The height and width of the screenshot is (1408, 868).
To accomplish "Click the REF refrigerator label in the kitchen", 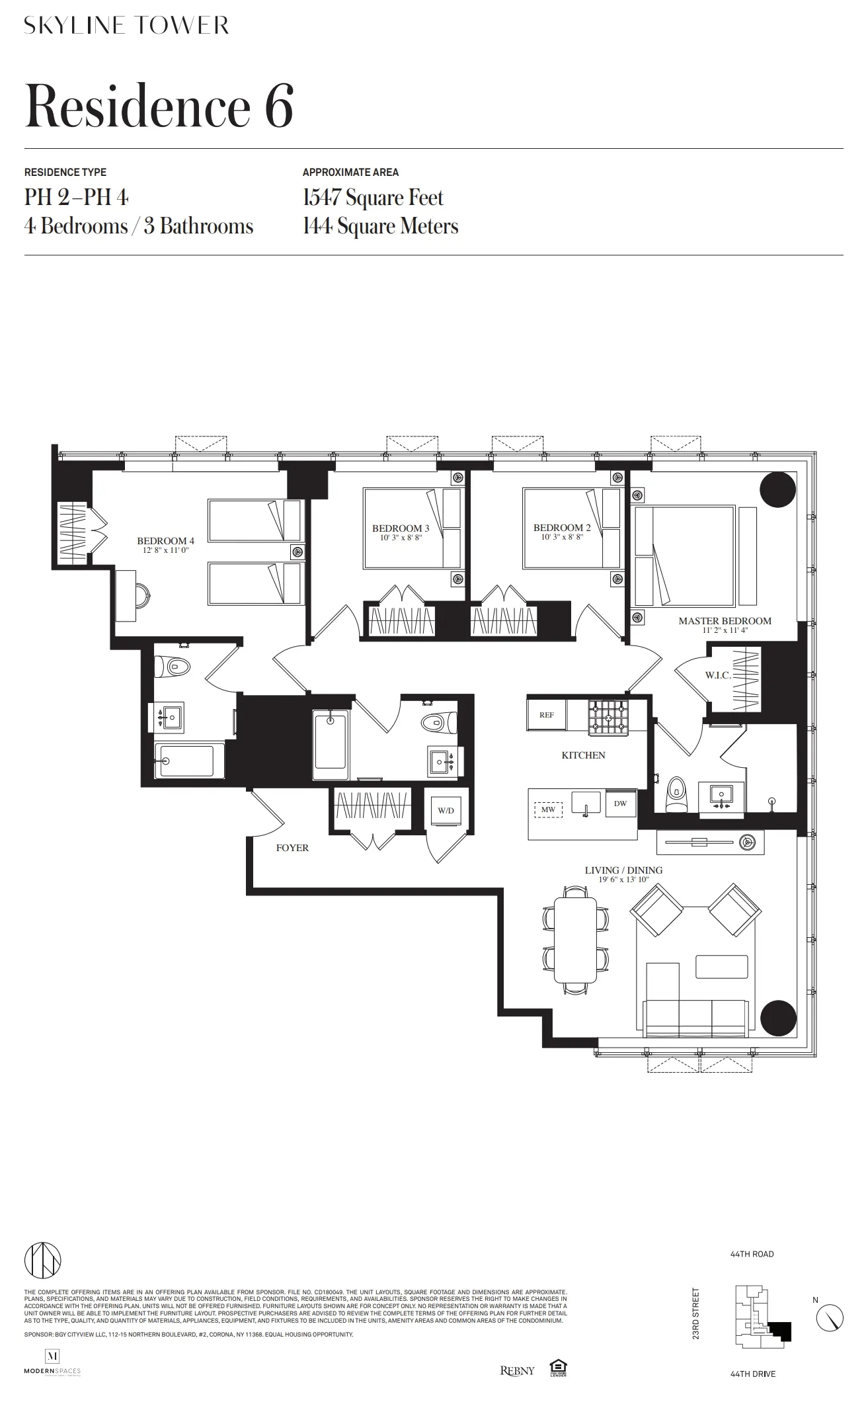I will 547,715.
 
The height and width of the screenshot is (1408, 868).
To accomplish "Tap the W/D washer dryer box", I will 446,810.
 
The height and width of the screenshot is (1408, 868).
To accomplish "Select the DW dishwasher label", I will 620,804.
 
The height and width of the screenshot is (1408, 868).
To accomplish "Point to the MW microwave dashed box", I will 548,809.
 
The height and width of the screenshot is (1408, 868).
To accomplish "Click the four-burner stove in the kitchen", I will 607,718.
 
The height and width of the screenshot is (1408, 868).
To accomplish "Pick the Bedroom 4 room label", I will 165,541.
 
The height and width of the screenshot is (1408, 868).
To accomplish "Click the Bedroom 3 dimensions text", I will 401,538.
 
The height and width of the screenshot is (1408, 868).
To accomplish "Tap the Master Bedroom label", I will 725,621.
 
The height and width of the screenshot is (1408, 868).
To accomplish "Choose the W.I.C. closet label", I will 718,676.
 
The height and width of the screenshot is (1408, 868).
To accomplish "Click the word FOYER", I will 292,848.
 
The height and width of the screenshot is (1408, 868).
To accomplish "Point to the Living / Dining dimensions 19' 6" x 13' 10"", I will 623,880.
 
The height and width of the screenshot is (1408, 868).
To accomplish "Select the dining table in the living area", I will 575,940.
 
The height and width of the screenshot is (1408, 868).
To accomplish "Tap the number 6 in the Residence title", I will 279,107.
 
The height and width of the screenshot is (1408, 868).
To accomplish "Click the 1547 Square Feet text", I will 373,198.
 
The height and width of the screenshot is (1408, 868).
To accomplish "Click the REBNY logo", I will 517,1371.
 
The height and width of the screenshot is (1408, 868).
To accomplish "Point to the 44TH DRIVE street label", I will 753,1374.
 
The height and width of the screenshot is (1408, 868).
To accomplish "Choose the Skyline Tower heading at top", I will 126,26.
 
